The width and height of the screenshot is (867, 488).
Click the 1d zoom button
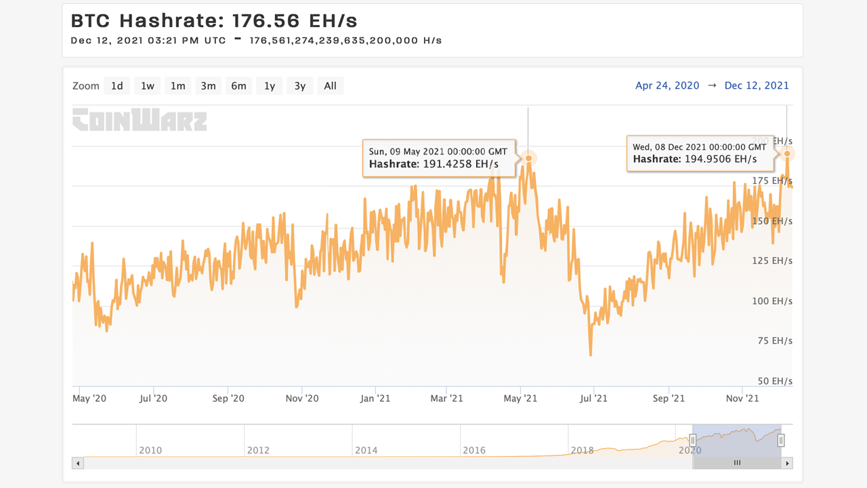(117, 86)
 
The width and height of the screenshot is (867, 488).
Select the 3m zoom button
(208, 86)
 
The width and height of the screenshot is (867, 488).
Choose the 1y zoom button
(270, 86)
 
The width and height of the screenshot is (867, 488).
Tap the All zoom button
(330, 86)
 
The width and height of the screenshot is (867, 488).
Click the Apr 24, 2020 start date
(667, 85)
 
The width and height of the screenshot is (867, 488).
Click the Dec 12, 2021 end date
(757, 85)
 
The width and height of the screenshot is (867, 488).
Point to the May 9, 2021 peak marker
(528, 158)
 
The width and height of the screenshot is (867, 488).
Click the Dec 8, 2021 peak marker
(787, 154)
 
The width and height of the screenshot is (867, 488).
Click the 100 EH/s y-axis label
(772, 301)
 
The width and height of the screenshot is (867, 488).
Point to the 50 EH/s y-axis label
(775, 381)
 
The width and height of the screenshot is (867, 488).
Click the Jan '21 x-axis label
(375, 399)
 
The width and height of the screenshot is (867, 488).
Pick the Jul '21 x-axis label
(593, 399)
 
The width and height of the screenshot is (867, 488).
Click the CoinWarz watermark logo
(140, 120)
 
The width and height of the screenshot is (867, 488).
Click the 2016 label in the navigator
(474, 450)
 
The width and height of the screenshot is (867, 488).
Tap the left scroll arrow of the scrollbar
(79, 464)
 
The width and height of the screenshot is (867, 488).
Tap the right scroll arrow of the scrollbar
(786, 464)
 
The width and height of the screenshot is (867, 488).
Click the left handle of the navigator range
(692, 441)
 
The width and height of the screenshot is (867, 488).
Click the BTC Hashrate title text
(214, 20)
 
